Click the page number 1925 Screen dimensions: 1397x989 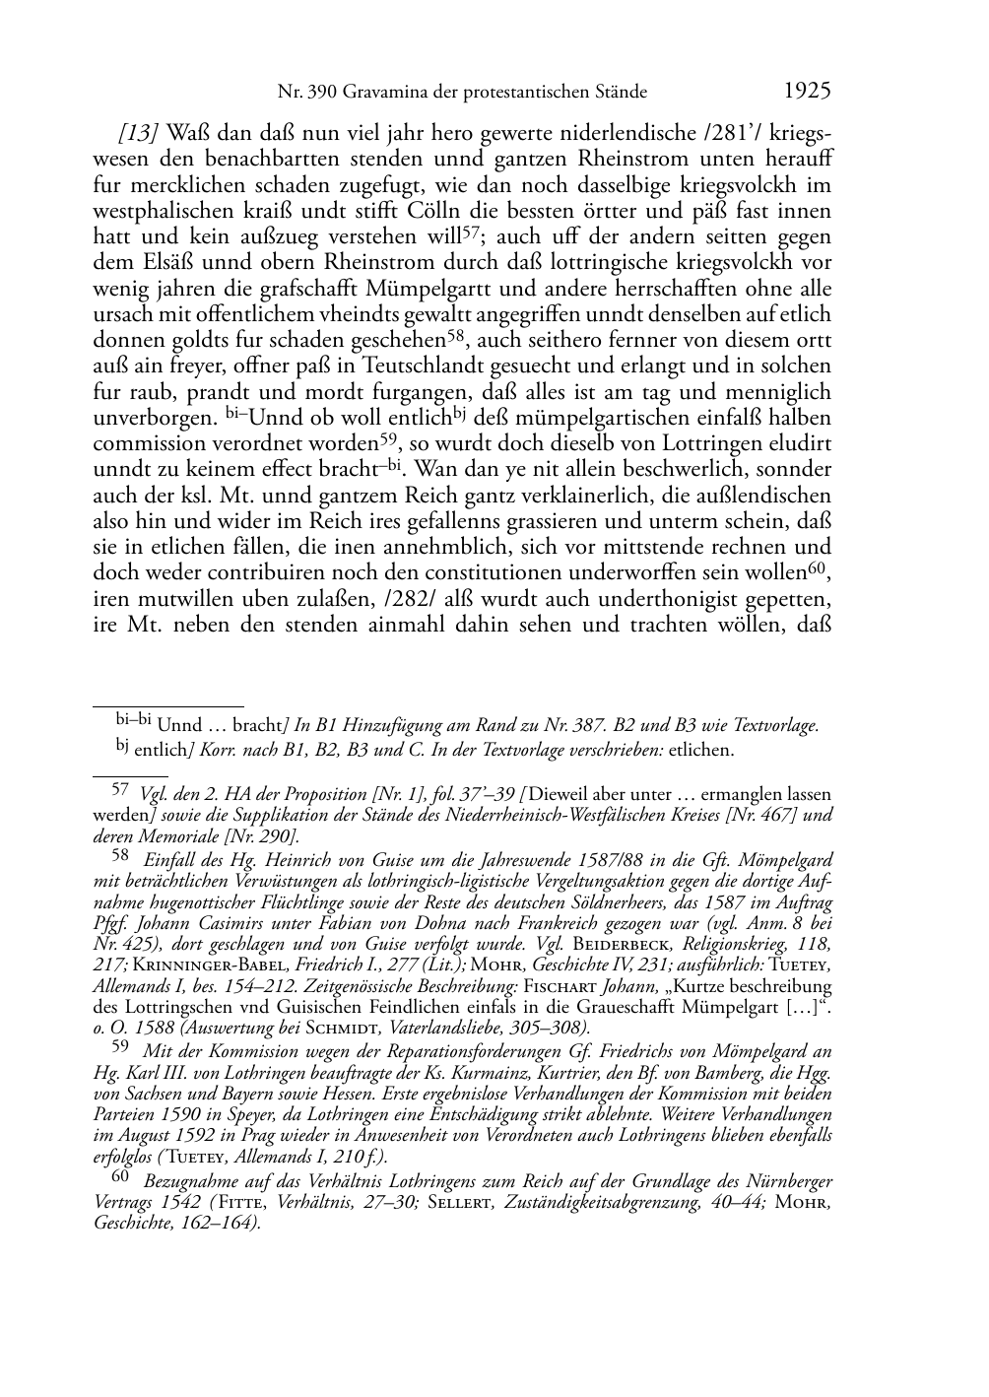coord(808,92)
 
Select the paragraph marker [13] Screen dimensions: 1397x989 coord(139,133)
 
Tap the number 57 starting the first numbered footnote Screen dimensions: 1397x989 coord(120,789)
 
